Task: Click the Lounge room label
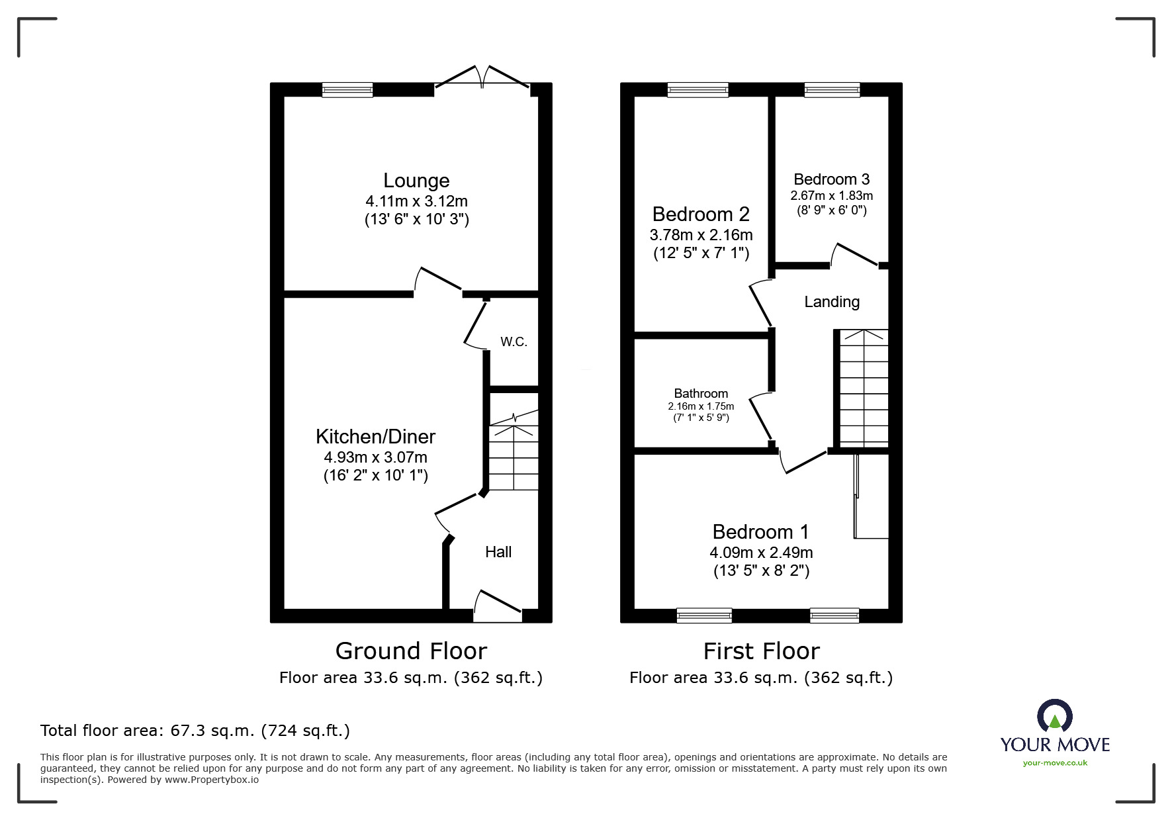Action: [416, 181]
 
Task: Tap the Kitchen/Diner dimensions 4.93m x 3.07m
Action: [375, 457]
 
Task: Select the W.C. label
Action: [514, 342]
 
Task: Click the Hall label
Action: [498, 552]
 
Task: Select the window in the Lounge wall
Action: [347, 90]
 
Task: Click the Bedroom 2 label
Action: [701, 214]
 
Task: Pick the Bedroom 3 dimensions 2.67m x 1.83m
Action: [831, 196]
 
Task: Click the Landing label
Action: [832, 302]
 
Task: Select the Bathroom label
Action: [701, 394]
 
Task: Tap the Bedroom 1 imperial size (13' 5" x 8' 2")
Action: [761, 570]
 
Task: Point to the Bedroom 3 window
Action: [832, 90]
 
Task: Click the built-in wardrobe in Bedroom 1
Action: [871, 496]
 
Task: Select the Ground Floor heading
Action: [411, 651]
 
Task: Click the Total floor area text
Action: [195, 731]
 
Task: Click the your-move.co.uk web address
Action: [1055, 763]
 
